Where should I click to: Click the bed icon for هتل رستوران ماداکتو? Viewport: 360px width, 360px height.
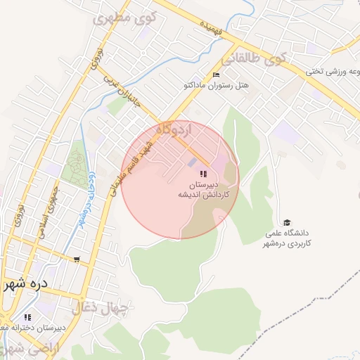216,75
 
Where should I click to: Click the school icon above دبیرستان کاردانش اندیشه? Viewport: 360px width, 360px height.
203,174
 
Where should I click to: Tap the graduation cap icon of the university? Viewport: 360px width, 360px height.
286,223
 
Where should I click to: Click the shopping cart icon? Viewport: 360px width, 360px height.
77,259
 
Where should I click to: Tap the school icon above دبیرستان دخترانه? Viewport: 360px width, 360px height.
29,317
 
